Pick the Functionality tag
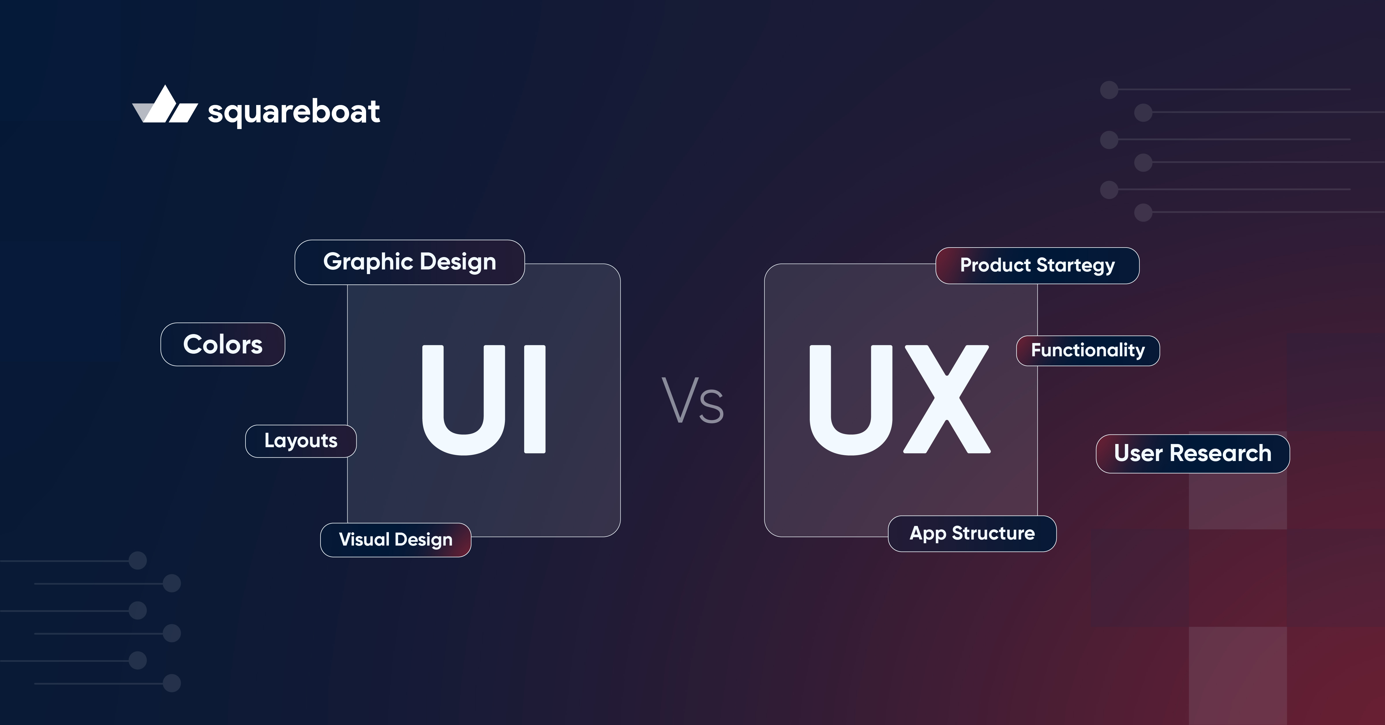coord(1088,351)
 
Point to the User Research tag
coord(1193,454)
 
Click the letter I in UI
coord(535,399)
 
